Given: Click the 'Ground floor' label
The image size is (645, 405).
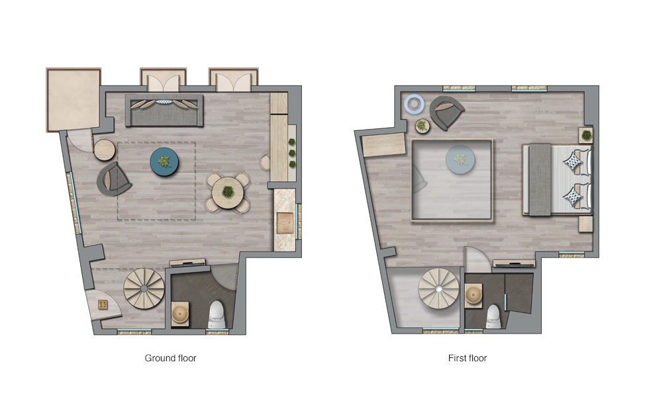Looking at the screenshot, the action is coord(170,358).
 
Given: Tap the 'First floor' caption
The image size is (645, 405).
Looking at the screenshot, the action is coord(468,358).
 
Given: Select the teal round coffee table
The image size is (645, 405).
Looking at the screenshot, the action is coord(164,162).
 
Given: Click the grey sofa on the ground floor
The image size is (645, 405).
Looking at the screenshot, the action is coord(164,111).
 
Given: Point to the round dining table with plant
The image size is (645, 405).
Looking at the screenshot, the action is coord(228,193).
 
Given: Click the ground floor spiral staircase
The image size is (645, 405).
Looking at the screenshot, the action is coord(144,289).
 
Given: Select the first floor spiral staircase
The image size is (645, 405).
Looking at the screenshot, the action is coord(439,289).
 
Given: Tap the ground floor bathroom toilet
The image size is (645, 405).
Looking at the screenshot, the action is coord(217,315).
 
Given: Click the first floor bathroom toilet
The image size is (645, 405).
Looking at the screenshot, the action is coord(493,316).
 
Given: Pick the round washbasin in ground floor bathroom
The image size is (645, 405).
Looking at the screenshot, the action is coord(179,314).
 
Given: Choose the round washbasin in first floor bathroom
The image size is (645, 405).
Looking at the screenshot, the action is coord(473,295).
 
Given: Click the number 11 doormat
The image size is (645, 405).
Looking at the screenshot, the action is coord(103,304).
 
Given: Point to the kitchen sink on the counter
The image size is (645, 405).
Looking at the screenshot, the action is coord(285,223).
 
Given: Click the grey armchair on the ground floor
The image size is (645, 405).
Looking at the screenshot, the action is coord(113,179).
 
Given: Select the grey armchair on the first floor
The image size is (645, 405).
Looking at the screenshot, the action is coord(446,112).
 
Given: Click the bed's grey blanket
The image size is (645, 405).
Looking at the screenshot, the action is coord(540,179).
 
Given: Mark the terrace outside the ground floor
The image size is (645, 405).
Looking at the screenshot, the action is coord(74,100).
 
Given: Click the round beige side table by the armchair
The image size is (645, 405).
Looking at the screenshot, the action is coord(105,150).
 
